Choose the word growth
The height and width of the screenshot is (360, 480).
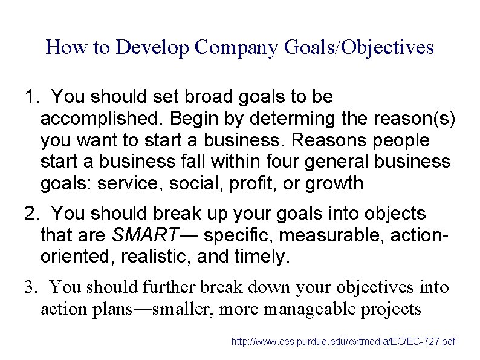click(334, 183)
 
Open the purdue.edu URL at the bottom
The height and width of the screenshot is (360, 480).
click(344, 342)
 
